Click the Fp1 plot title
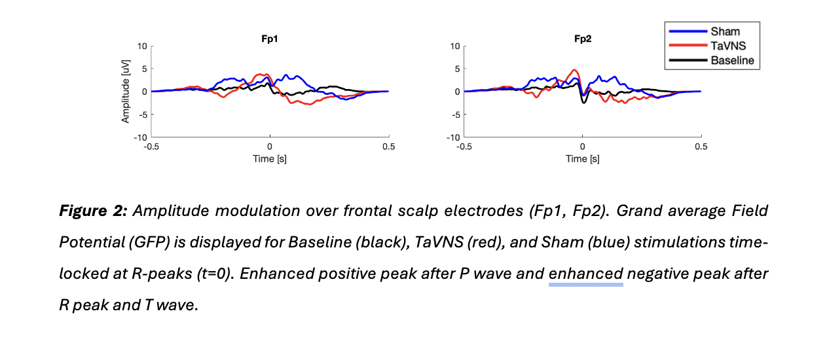[x=269, y=39]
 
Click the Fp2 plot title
[x=583, y=39]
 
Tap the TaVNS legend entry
[x=727, y=45]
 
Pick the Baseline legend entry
[x=732, y=60]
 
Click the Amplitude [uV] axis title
[x=126, y=92]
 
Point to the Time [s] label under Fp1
[x=269, y=159]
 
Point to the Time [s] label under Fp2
[x=582, y=159]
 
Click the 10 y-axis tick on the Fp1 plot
[x=142, y=46]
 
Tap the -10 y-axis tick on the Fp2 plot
[x=453, y=137]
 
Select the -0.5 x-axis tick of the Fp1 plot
[x=151, y=147]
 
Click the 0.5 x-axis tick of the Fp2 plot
[x=700, y=147]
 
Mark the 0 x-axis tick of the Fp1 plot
[x=269, y=147]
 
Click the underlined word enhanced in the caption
[x=585, y=273]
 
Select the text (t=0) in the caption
[x=208, y=273]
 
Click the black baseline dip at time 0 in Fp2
[x=584, y=103]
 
